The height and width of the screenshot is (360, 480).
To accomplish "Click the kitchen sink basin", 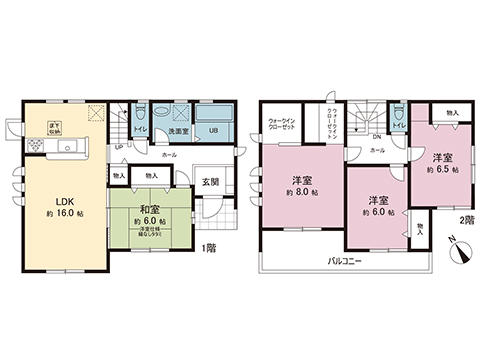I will [x=73, y=148].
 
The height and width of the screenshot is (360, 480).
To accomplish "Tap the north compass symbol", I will [x=457, y=251].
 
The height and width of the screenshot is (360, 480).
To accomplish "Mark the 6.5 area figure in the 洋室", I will [x=441, y=171].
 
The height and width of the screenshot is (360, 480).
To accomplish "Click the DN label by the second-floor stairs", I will [x=376, y=138].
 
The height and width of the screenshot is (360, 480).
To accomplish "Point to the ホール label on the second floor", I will [x=377, y=149].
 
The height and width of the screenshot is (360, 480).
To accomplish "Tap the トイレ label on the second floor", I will [x=398, y=124].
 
